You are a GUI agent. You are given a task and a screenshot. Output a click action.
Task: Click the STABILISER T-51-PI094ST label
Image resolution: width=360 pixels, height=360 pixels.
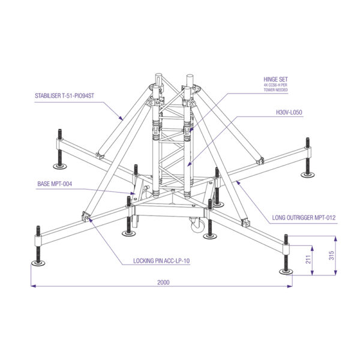65,96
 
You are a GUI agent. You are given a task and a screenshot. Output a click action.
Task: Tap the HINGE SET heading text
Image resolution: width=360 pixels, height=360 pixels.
275,79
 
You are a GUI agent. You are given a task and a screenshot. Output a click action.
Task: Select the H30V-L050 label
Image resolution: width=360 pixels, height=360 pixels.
289,112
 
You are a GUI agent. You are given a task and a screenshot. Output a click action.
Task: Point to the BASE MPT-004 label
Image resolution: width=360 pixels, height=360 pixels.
55,184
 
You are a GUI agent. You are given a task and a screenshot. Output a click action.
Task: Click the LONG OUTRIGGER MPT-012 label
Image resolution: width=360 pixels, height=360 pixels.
304,217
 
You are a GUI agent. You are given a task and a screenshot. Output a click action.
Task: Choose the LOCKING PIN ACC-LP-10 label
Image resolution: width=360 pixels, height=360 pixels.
161,261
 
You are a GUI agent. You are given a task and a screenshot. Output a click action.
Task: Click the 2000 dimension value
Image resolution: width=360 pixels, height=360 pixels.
163,282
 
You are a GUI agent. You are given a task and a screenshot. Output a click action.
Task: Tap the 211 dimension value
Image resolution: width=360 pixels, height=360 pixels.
308,259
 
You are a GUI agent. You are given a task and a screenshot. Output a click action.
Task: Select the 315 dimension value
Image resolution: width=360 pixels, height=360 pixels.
332,256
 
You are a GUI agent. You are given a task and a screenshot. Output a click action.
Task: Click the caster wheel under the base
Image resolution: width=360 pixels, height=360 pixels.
197,224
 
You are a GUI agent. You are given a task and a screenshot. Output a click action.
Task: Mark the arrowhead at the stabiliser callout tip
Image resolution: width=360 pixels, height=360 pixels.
121,118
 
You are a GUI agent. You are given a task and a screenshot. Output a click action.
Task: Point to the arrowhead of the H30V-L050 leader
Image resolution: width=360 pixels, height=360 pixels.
189,164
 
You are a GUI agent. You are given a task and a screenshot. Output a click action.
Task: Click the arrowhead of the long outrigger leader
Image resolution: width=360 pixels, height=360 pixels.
238,183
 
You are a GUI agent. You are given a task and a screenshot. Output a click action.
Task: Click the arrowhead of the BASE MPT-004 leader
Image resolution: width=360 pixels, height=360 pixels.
133,193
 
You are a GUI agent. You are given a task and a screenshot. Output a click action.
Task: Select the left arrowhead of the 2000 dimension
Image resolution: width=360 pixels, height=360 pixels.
33,286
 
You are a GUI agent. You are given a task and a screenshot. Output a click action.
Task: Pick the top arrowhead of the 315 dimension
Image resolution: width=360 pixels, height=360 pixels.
335,239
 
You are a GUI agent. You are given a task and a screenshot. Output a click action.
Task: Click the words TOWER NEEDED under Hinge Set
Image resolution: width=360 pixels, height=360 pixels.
275,90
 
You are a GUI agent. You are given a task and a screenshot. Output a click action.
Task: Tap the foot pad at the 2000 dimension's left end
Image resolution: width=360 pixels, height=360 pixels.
38,263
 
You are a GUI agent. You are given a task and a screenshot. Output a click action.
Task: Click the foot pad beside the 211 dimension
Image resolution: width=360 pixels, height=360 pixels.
286,272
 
